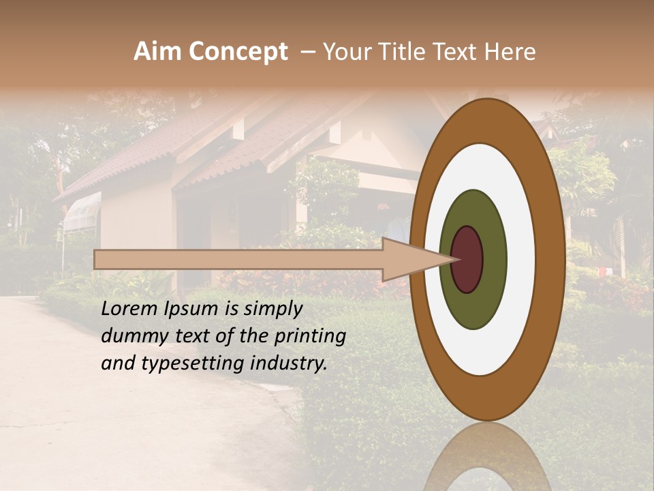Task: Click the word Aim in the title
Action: pyautogui.click(x=159, y=52)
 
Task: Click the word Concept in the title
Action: pyautogui.click(x=238, y=52)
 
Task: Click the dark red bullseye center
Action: pyautogui.click(x=467, y=259)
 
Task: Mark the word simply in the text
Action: pyautogui.click(x=272, y=310)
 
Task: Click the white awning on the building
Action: pyautogui.click(x=82, y=211)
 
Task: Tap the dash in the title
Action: pyautogui.click(x=307, y=52)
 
